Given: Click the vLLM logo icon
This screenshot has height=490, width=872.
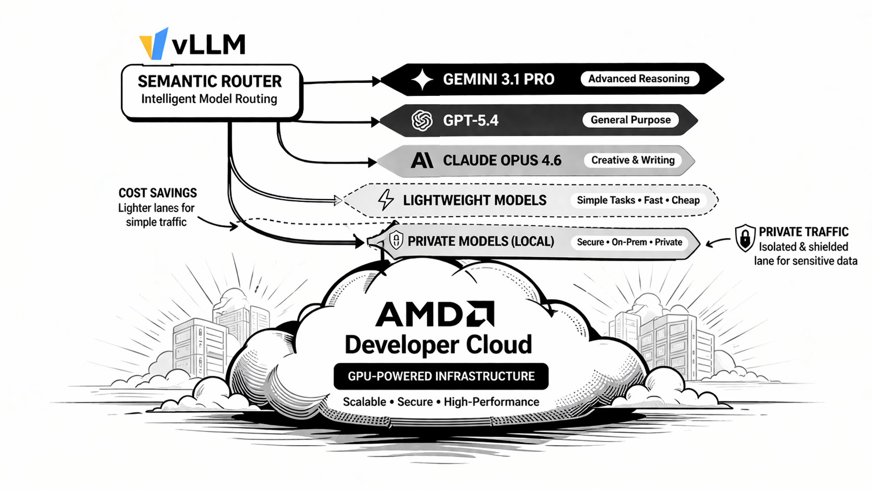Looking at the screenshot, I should (153, 44).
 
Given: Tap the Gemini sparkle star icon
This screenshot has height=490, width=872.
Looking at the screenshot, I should (422, 80).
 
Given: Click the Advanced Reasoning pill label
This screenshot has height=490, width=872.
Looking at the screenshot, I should (639, 79).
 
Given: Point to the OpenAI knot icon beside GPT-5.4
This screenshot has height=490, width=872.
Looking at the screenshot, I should (422, 120).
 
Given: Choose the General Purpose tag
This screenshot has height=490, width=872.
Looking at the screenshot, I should (630, 120).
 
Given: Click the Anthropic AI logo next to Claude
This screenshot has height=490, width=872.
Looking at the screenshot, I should (422, 160).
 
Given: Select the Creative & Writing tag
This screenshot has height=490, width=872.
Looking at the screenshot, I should (632, 160).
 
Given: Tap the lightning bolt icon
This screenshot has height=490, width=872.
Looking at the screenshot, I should (386, 200).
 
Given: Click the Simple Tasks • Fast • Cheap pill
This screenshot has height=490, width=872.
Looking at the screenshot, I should (638, 200).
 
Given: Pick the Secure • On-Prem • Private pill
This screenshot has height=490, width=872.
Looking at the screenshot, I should (629, 242).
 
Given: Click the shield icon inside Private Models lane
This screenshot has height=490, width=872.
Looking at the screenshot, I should (396, 240).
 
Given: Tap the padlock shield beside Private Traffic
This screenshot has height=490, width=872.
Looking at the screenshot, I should (745, 238).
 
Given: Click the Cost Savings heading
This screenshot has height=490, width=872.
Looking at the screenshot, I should (158, 193).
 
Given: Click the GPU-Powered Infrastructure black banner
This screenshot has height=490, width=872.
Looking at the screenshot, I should (441, 376).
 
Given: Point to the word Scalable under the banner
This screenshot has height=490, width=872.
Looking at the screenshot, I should (364, 402).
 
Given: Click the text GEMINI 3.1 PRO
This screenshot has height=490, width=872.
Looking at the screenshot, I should (498, 79).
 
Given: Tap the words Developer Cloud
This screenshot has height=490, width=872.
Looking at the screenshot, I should (438, 345).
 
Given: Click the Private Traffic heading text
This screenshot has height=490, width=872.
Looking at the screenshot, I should (804, 232).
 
